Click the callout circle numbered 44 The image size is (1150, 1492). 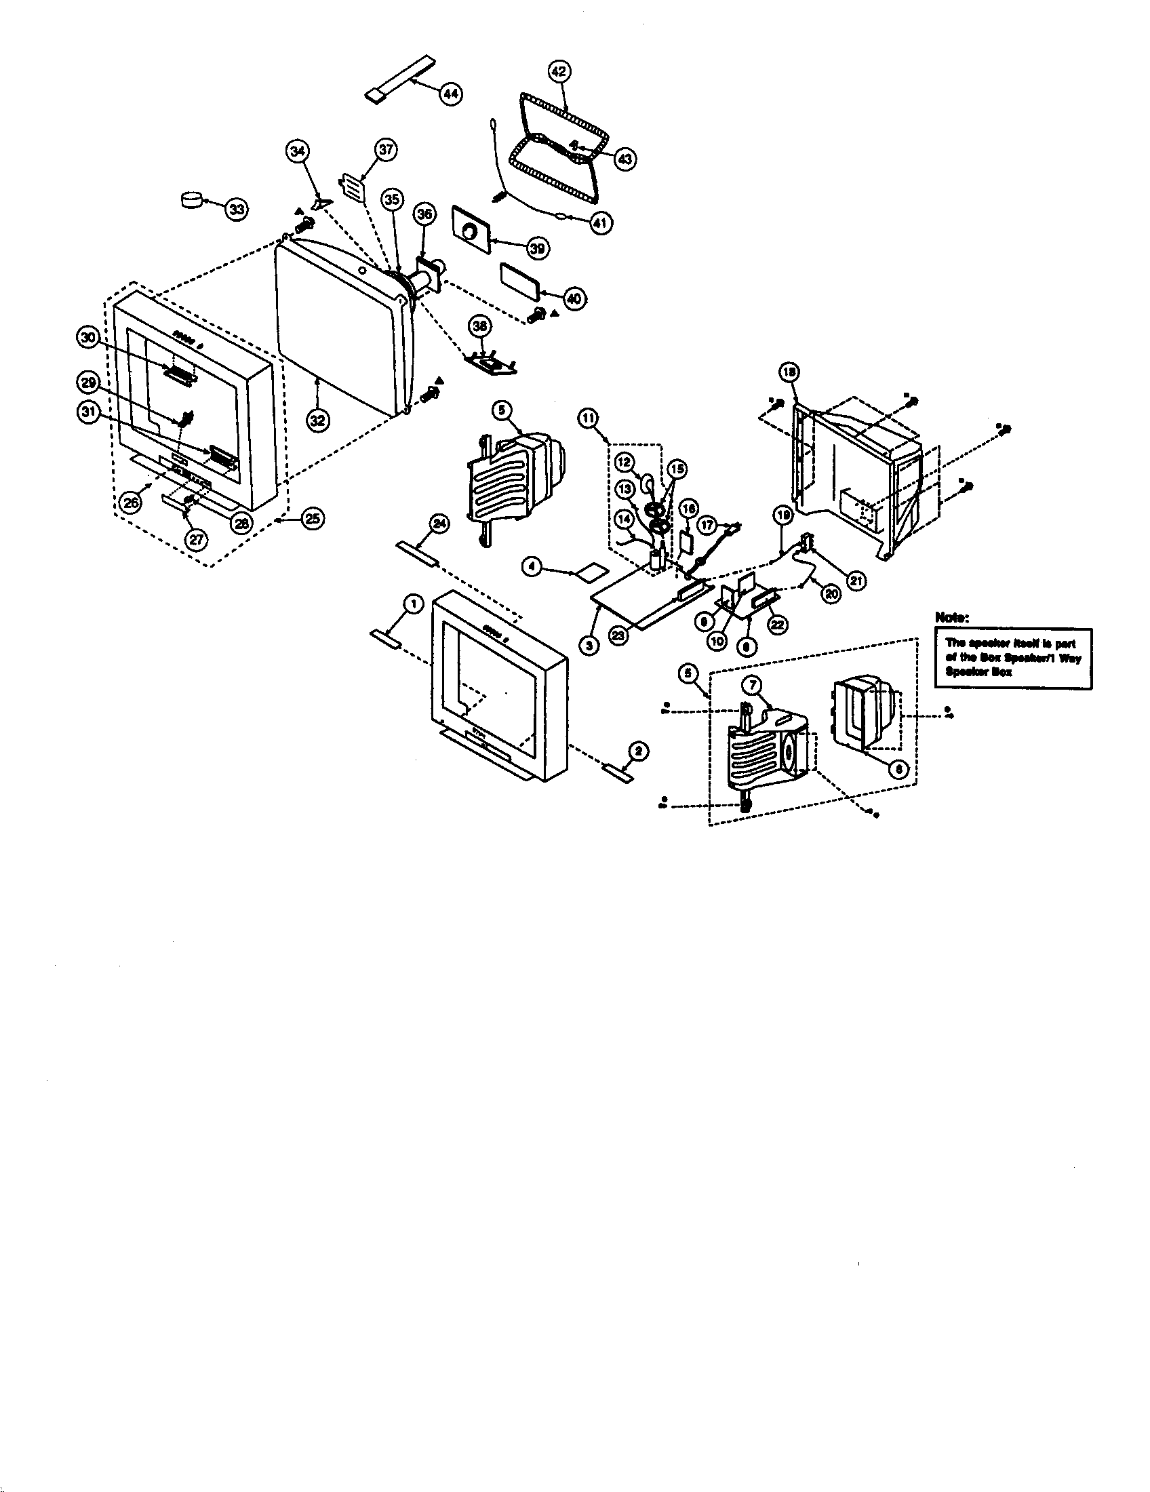click(450, 94)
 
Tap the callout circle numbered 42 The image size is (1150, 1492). click(559, 71)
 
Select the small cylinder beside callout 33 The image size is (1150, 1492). click(192, 200)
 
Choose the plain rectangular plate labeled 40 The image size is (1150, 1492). click(522, 279)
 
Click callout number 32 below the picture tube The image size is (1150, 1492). click(316, 420)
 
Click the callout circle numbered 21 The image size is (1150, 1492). click(856, 581)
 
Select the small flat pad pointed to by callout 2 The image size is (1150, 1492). click(617, 774)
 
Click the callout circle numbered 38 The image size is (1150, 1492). click(481, 328)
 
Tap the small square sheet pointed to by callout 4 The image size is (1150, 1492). click(592, 572)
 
